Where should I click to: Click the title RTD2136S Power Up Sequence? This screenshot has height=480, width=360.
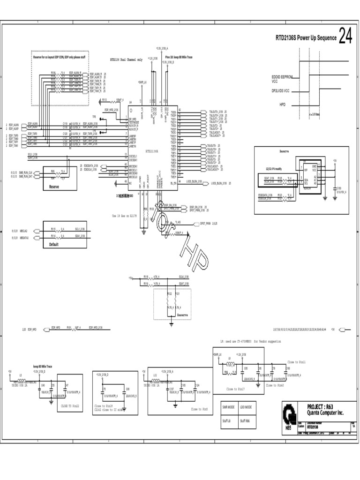306,38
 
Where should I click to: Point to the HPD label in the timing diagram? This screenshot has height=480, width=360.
283,105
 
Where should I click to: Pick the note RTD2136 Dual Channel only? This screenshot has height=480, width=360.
126,60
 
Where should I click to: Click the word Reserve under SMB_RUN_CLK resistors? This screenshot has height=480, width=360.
54,186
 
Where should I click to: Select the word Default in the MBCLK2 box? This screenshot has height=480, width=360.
55,245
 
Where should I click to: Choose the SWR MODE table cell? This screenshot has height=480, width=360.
229,407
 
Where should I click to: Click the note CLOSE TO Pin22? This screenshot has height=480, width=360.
70,406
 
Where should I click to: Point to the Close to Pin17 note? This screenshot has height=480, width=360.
236,389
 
